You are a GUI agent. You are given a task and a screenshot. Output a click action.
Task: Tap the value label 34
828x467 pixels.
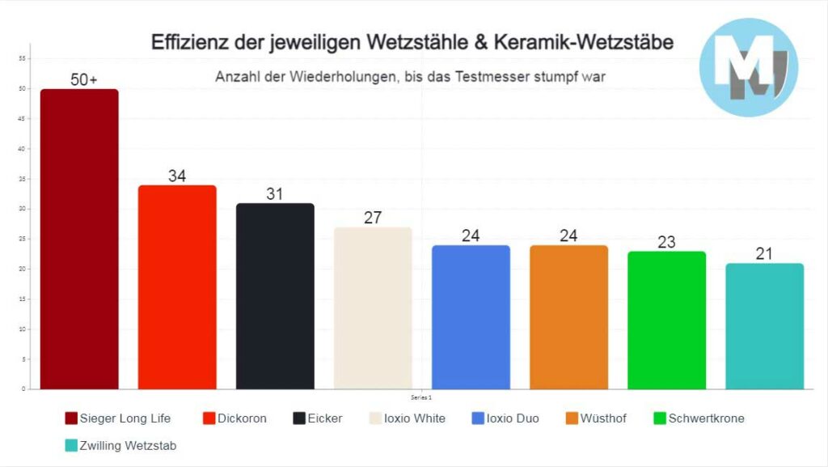coord(177,176)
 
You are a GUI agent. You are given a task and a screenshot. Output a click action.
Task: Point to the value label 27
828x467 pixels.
coord(373,218)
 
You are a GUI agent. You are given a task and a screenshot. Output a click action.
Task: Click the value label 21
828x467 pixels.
coord(764,254)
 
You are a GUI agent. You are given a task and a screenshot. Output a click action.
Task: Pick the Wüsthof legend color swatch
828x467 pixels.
coord(571,418)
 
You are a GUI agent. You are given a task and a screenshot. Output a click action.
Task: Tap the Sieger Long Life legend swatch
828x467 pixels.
coord(71,418)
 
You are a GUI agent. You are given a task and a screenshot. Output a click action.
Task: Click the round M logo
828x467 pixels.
coord(748,67)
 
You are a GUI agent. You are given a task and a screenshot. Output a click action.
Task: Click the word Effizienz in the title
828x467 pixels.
coord(187,43)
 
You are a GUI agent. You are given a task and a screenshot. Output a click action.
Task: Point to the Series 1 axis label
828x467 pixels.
coord(421,397)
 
